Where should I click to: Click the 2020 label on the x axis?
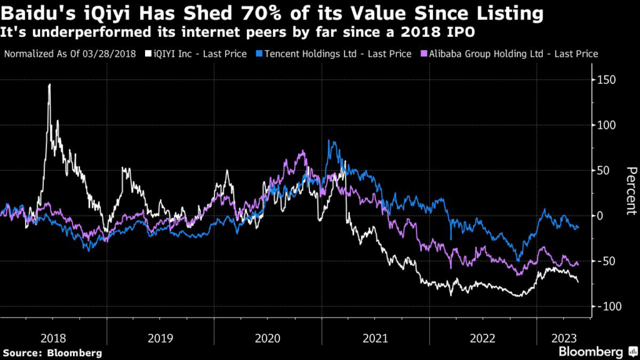click(268, 338)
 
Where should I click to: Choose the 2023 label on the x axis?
click(564, 338)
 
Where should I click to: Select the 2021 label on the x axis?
click(376, 338)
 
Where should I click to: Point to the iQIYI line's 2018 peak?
click(49, 85)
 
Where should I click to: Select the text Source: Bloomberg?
click(53, 353)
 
